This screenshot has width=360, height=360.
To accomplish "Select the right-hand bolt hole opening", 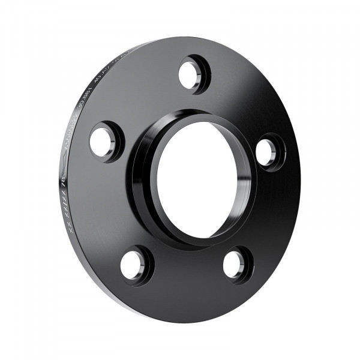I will (x=266, y=152).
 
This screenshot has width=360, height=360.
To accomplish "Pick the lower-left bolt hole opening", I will (x=133, y=264).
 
